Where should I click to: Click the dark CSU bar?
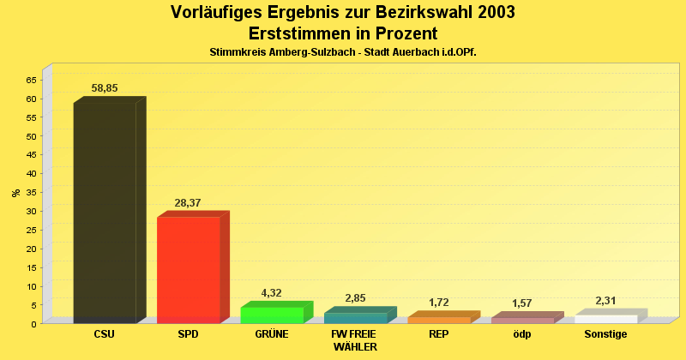point(105,212)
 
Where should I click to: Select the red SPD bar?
point(188,269)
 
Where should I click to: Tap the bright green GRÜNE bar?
point(272,315)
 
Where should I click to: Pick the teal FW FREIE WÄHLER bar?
point(355,318)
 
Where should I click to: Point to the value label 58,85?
point(105,88)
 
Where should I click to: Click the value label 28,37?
point(188,202)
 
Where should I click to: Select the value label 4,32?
point(272,292)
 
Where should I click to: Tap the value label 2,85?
point(355,298)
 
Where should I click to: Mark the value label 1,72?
point(438,303)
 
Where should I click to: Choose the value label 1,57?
point(522,303)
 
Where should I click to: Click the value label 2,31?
point(606,300)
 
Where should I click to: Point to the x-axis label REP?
point(438,334)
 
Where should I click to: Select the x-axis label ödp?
point(521,334)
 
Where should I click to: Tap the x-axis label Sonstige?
point(605,334)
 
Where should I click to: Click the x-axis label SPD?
point(188,334)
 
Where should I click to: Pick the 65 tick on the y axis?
point(31,80)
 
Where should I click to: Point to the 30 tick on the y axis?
point(31,211)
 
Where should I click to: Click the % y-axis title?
point(15,192)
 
